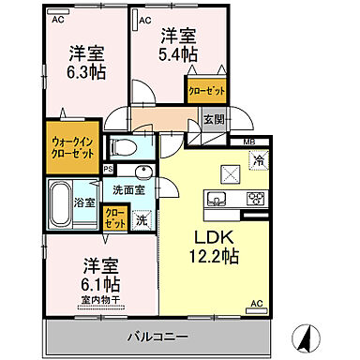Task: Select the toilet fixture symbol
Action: point(124,147)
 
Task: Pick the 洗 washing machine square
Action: point(141,220)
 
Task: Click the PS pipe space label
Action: point(108,170)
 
